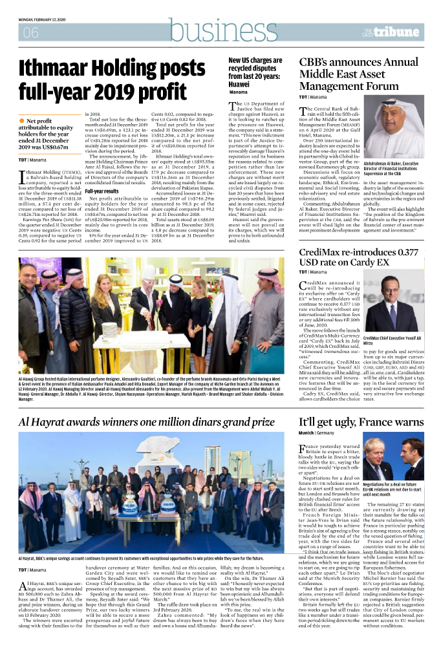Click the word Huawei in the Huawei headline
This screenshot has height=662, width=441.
point(239,84)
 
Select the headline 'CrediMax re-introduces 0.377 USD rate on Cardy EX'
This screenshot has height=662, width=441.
point(362,258)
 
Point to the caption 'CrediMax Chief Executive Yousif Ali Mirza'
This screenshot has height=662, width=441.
point(393,341)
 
